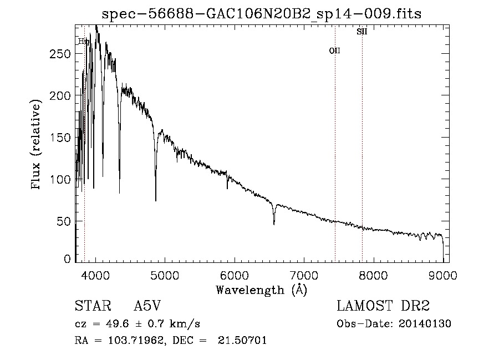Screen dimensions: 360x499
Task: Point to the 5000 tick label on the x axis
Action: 165,275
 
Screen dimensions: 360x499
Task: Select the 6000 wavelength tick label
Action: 235,275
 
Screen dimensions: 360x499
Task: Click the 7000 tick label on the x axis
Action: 304,275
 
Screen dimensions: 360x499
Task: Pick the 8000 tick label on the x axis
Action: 373,275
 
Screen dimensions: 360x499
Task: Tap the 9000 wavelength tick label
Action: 442,275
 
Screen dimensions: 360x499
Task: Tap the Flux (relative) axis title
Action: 37,145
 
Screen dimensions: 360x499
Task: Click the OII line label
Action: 335,50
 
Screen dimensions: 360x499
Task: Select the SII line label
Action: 361,32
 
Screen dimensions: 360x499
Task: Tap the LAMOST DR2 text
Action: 383,306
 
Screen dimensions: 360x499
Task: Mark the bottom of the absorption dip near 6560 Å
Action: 274,224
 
